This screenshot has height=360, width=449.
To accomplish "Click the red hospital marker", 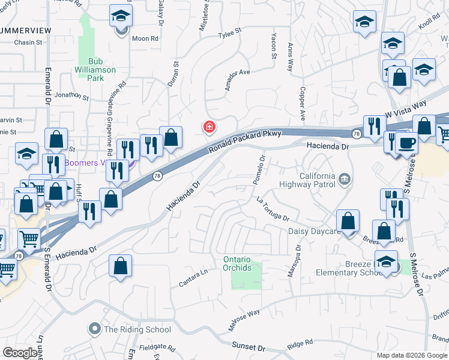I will pyautogui.click(x=209, y=127).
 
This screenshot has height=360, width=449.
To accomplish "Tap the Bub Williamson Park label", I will pyautogui.click(x=98, y=65).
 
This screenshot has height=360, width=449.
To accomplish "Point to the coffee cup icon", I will pyautogui.click(x=408, y=143).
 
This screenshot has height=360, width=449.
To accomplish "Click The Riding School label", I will pyautogui.click(x=137, y=329).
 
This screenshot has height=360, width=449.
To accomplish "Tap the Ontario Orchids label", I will pyautogui.click(x=237, y=263).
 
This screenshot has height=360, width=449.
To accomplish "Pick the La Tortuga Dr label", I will pyautogui.click(x=273, y=208).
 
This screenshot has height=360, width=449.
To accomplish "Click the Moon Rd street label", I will pyautogui.click(x=145, y=38).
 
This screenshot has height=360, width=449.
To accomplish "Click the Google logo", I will pyautogui.click(x=20, y=352).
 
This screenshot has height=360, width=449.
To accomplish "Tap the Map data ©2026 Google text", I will pyautogui.click(x=411, y=355).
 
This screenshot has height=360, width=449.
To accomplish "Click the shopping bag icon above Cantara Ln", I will pyautogui.click(x=120, y=266).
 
